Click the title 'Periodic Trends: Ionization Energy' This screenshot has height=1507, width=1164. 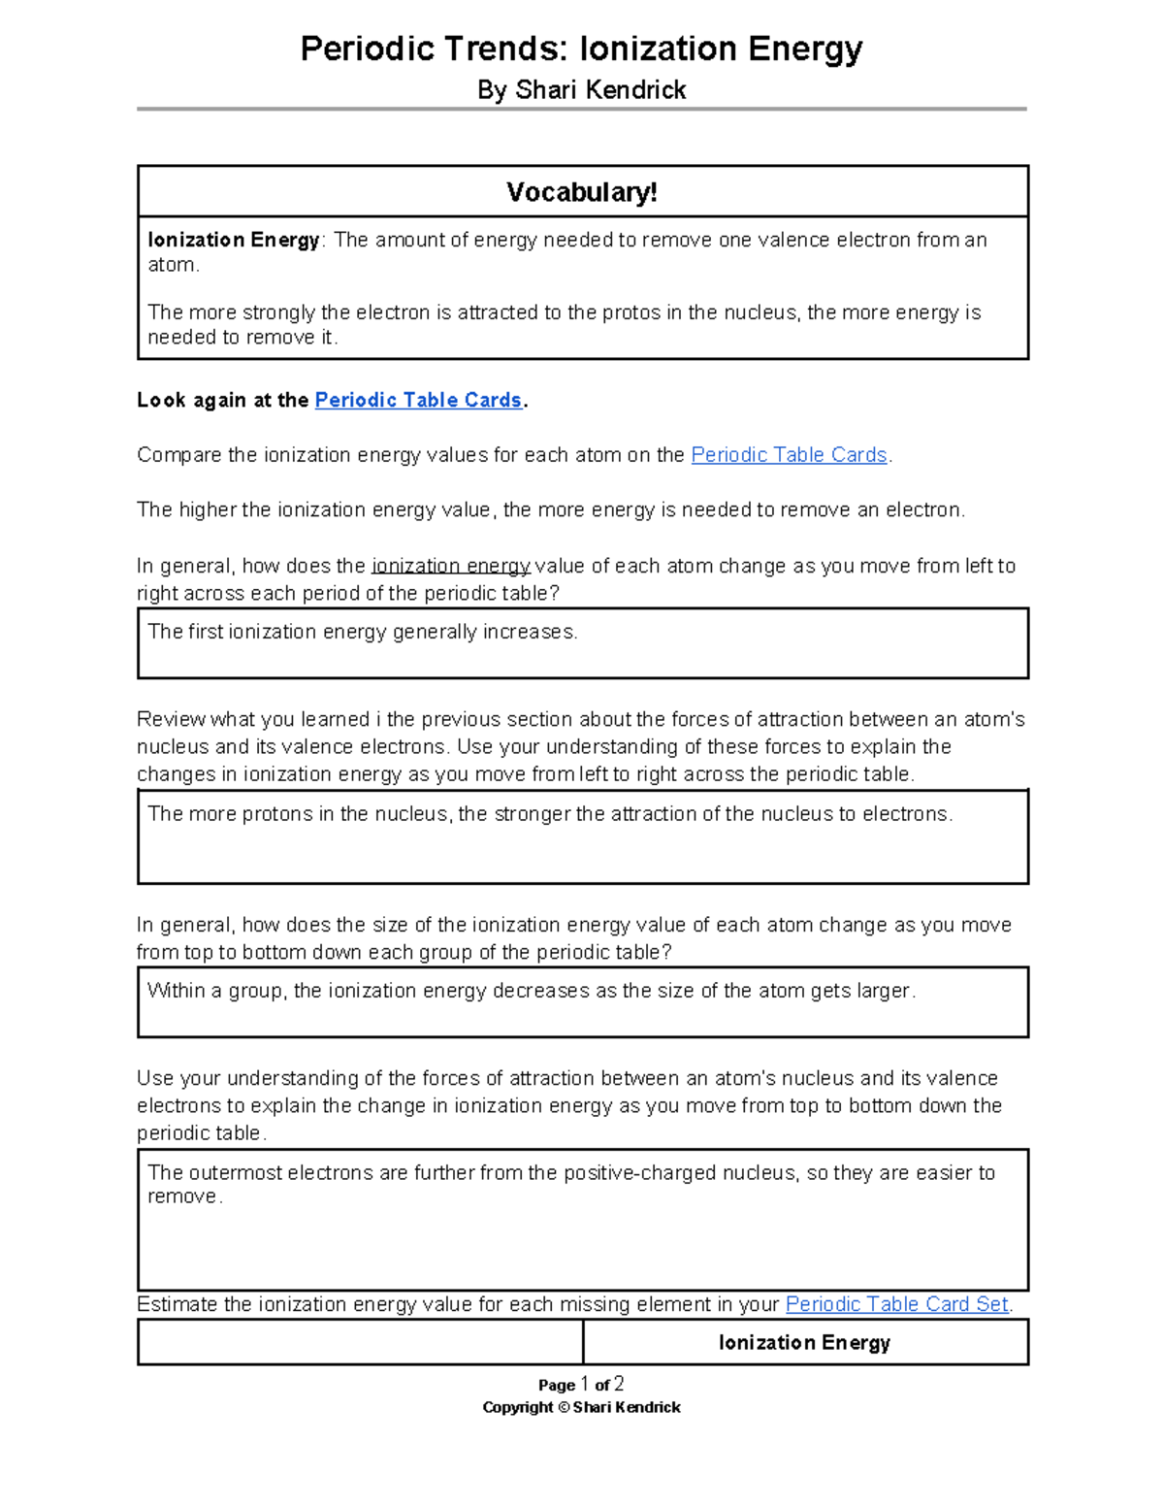581,49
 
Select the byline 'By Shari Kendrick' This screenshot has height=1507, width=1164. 581,90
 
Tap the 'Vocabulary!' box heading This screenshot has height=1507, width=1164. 582,192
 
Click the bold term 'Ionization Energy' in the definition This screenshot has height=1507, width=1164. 234,240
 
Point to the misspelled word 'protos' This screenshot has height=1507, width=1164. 631,312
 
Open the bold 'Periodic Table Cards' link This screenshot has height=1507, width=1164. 419,400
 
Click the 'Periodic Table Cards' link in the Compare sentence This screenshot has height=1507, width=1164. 789,455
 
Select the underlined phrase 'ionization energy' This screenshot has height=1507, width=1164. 451,566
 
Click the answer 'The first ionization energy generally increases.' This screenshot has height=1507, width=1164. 363,632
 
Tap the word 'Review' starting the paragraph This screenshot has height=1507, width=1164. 171,719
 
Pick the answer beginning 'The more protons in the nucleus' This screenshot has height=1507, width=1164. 550,814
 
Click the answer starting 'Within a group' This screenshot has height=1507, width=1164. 531,991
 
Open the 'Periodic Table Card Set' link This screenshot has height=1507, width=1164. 897,1304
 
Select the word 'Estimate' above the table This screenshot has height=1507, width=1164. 178,1304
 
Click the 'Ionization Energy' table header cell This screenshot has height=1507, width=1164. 804,1343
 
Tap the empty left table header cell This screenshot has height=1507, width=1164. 360,1343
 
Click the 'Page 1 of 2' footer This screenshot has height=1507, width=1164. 581,1385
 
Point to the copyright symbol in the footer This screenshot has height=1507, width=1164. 564,1408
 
